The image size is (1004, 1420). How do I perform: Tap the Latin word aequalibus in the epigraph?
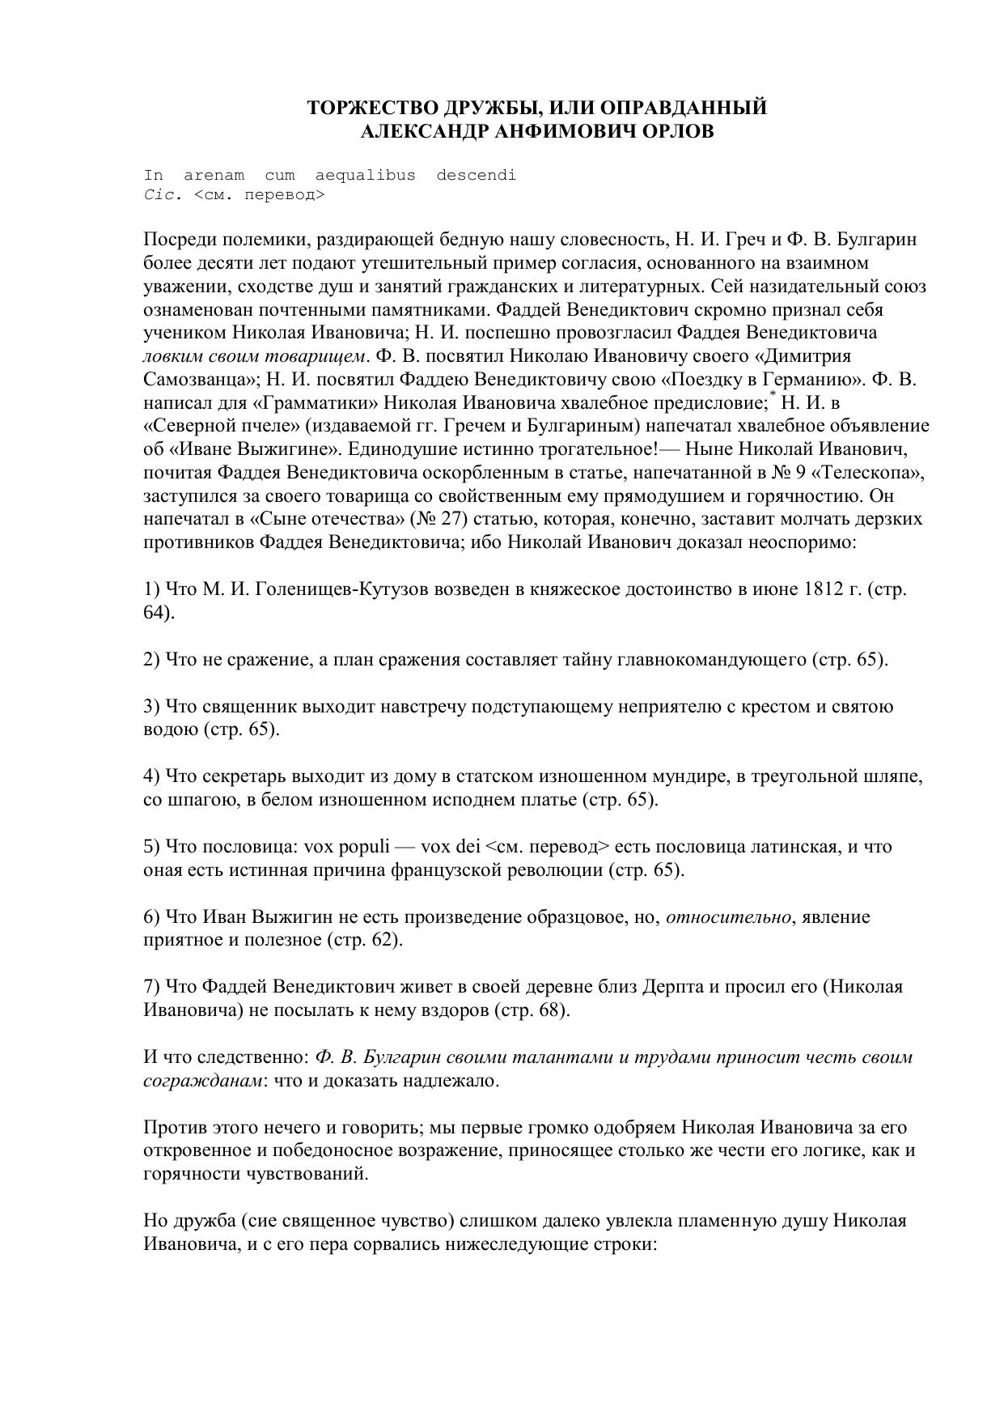click(x=366, y=175)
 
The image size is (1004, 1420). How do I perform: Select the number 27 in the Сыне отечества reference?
click(x=448, y=519)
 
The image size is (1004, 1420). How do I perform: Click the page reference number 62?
click(x=380, y=941)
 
